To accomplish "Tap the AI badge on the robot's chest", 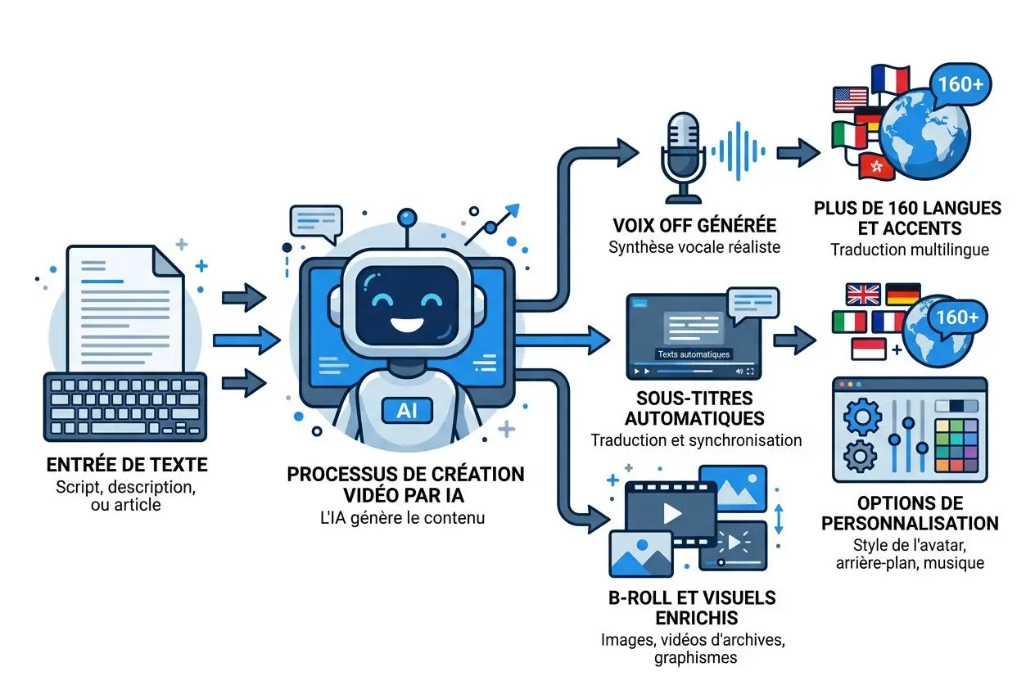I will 405,411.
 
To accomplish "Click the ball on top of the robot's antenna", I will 405,217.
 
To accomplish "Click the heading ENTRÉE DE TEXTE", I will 127,465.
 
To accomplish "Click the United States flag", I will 849,99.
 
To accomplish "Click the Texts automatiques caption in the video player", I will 694,354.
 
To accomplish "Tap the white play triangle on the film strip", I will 672,513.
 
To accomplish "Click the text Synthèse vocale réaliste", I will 694,247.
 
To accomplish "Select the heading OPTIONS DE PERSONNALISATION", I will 910,512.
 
